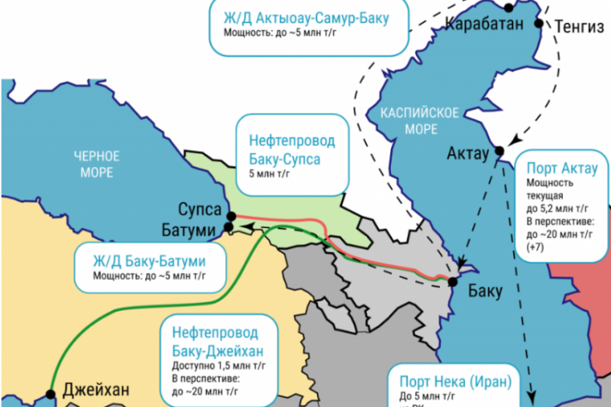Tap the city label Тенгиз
tap(578, 25)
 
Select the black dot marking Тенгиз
tap(538, 24)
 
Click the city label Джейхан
tap(95, 392)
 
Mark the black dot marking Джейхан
tap(51, 394)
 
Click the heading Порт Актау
tap(562, 168)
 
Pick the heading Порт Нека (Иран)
tap(454, 383)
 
